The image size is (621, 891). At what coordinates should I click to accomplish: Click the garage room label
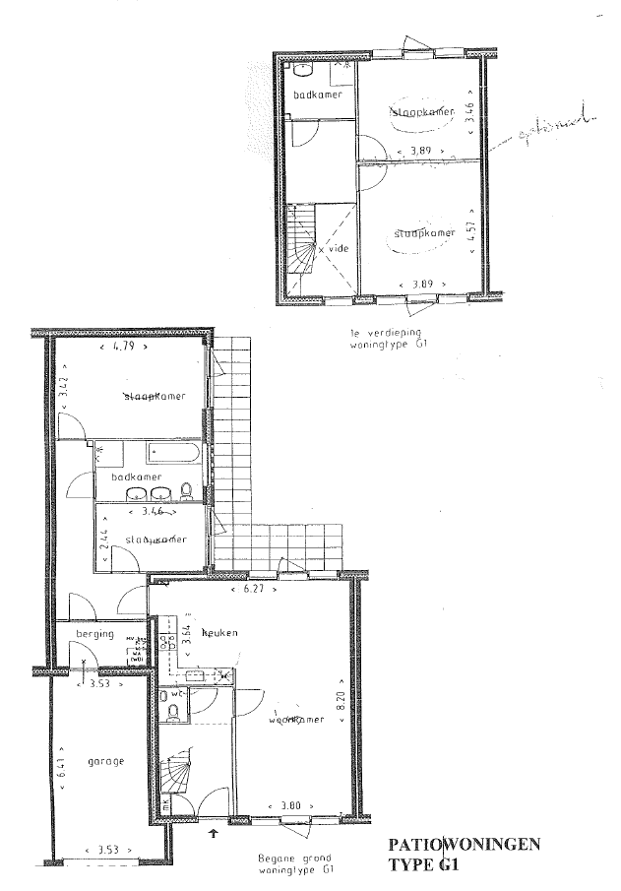106,760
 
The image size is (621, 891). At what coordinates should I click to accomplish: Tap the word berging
95,634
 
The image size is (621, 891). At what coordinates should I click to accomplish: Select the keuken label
221,633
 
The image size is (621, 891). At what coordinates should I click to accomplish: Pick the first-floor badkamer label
317,94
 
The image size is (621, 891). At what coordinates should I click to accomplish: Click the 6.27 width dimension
244,590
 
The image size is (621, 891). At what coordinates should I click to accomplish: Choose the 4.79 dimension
123,348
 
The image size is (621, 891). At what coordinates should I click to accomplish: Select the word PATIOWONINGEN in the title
465,845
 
